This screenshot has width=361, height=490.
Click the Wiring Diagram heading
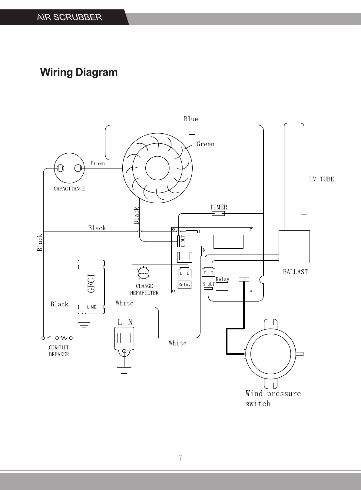(79, 72)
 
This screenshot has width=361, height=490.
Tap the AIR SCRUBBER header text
(70, 17)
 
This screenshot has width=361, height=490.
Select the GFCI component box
(91, 287)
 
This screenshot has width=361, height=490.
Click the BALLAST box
(294, 247)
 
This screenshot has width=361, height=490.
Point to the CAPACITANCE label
(69, 188)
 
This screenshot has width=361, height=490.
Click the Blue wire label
(191, 119)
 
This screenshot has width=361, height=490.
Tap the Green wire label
(205, 144)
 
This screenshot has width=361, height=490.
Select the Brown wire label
(98, 163)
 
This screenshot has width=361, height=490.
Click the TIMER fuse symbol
(218, 214)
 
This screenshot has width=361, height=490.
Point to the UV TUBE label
(321, 179)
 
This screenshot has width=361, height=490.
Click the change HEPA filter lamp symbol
(144, 273)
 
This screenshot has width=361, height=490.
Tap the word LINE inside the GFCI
(92, 307)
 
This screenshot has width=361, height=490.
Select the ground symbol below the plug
(124, 370)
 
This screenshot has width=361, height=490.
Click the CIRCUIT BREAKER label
(59, 351)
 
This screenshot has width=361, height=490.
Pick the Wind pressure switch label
(273, 398)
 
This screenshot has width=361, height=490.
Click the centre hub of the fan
(157, 168)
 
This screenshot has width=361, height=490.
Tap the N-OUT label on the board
(209, 284)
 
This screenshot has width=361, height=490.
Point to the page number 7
(180, 458)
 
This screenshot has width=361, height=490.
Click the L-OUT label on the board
(183, 241)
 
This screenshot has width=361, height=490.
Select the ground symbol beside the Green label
(192, 135)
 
